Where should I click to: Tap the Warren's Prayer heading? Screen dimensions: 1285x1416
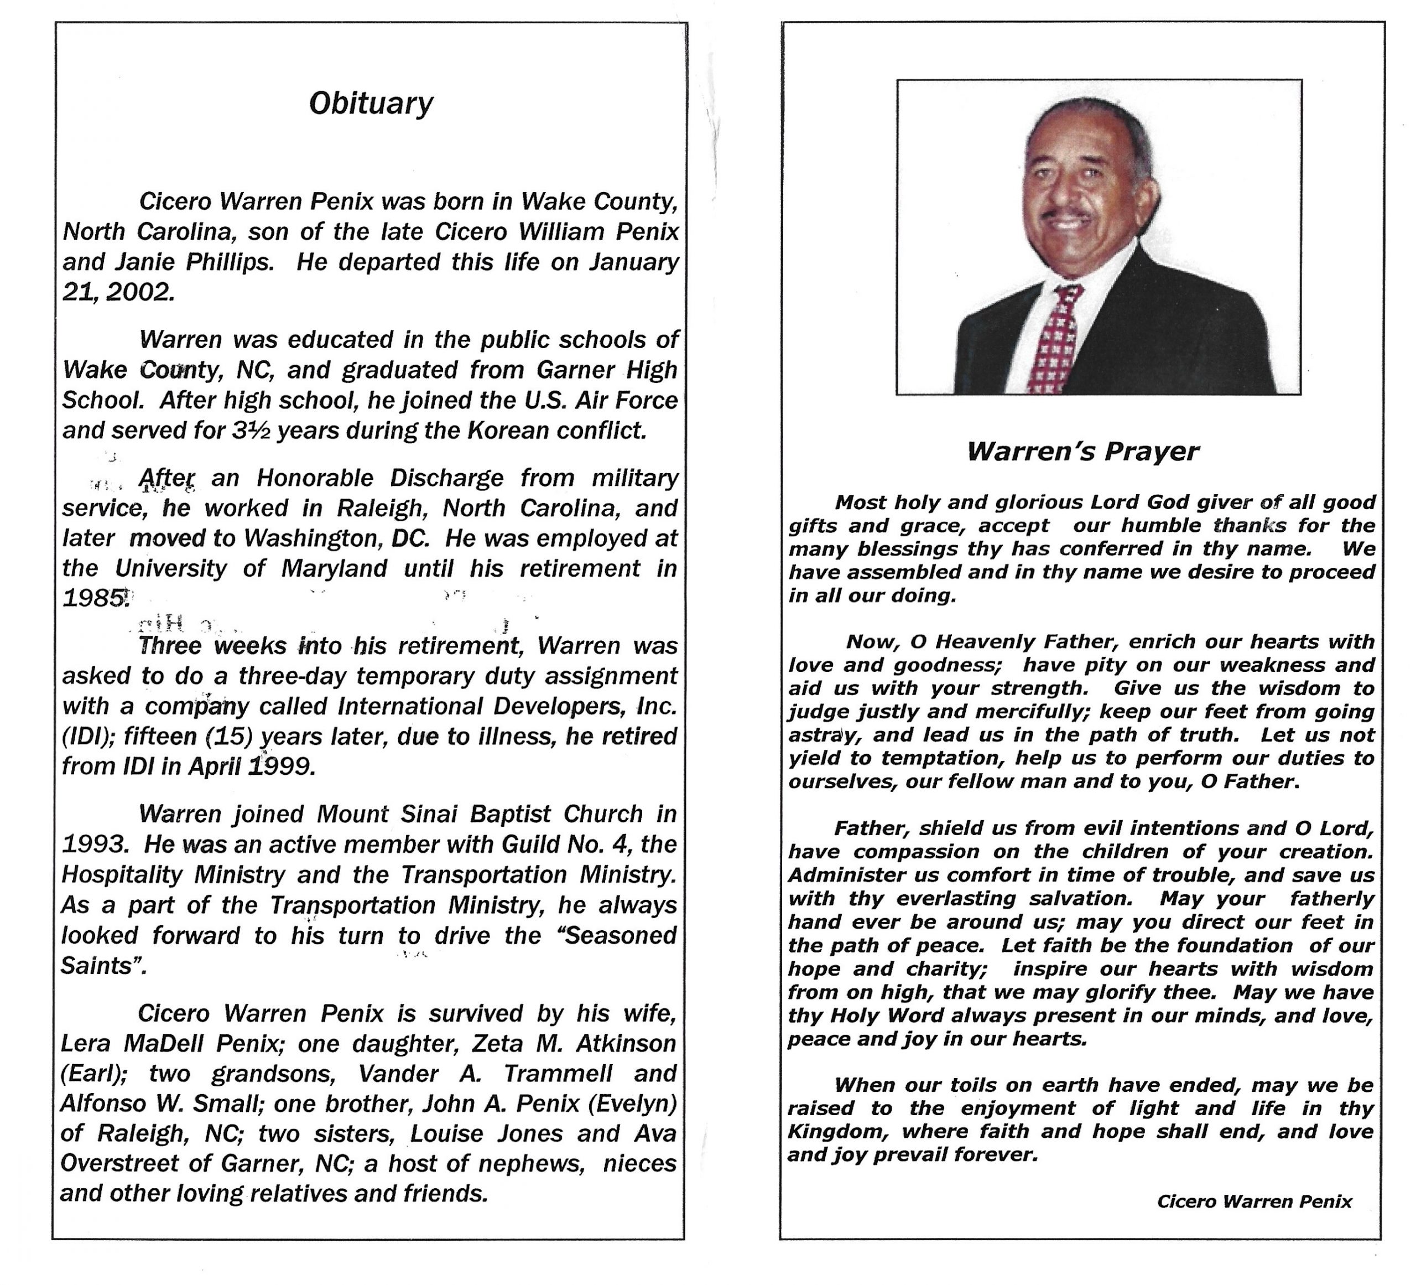[1083, 451]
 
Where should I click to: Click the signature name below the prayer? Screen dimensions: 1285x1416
[1254, 1201]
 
